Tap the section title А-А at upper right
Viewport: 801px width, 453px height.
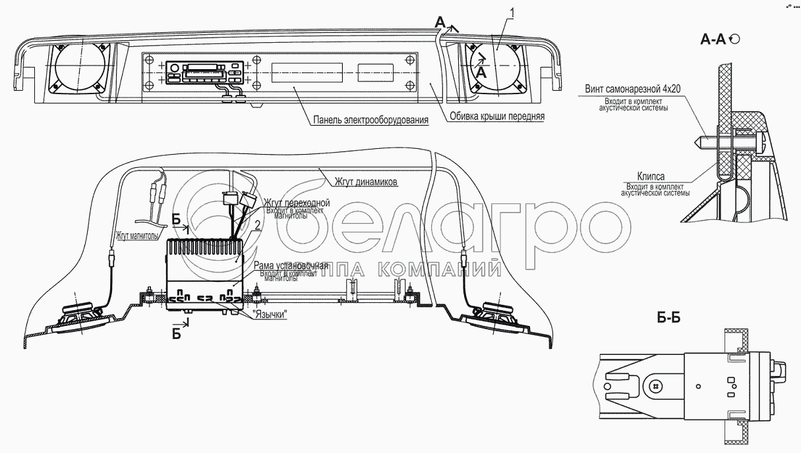tap(713, 40)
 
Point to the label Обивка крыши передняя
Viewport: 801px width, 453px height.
tap(497, 117)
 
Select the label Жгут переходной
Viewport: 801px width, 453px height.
tap(296, 202)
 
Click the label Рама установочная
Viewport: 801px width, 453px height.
tap(290, 265)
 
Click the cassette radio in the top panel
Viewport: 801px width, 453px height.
tap(205, 72)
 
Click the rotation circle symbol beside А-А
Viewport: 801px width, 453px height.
tap(735, 40)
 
